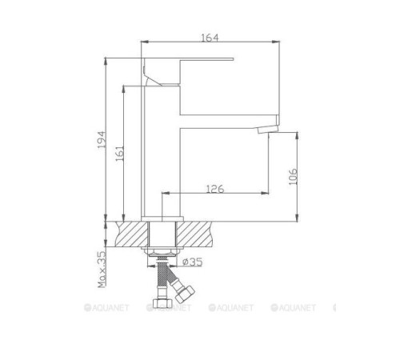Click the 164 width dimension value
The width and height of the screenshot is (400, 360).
210,36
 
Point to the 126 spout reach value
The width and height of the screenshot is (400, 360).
215,189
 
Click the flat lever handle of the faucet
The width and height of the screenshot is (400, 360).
192,58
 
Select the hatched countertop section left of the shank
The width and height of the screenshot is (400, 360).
133,234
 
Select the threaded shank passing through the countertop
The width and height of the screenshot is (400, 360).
163,237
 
